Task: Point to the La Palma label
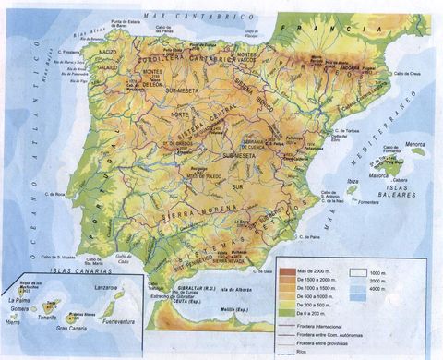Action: coord(17,300)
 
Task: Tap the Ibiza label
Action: coord(352,182)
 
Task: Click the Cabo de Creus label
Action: coord(409,74)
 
